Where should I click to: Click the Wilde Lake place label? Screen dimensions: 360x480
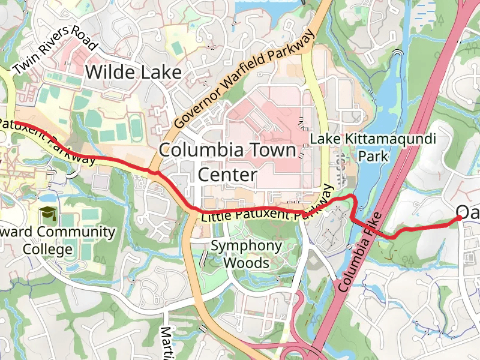[x=133, y=73]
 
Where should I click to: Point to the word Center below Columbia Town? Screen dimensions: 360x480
[x=227, y=175]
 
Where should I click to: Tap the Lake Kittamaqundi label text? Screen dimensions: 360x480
[x=372, y=139]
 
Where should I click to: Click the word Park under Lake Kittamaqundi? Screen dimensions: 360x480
[x=373, y=157]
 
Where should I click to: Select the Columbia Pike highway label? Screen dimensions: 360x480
[x=360, y=252]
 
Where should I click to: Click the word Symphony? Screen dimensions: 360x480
[x=247, y=245]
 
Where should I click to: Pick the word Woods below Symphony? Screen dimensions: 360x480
[x=246, y=263]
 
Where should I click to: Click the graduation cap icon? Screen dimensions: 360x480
[x=47, y=213]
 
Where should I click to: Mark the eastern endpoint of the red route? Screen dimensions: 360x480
[x=460, y=219]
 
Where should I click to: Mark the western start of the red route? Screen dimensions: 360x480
[x=13, y=122]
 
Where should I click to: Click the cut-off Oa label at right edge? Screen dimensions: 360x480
[x=467, y=211]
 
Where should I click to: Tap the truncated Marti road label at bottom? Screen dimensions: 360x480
[x=166, y=343]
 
